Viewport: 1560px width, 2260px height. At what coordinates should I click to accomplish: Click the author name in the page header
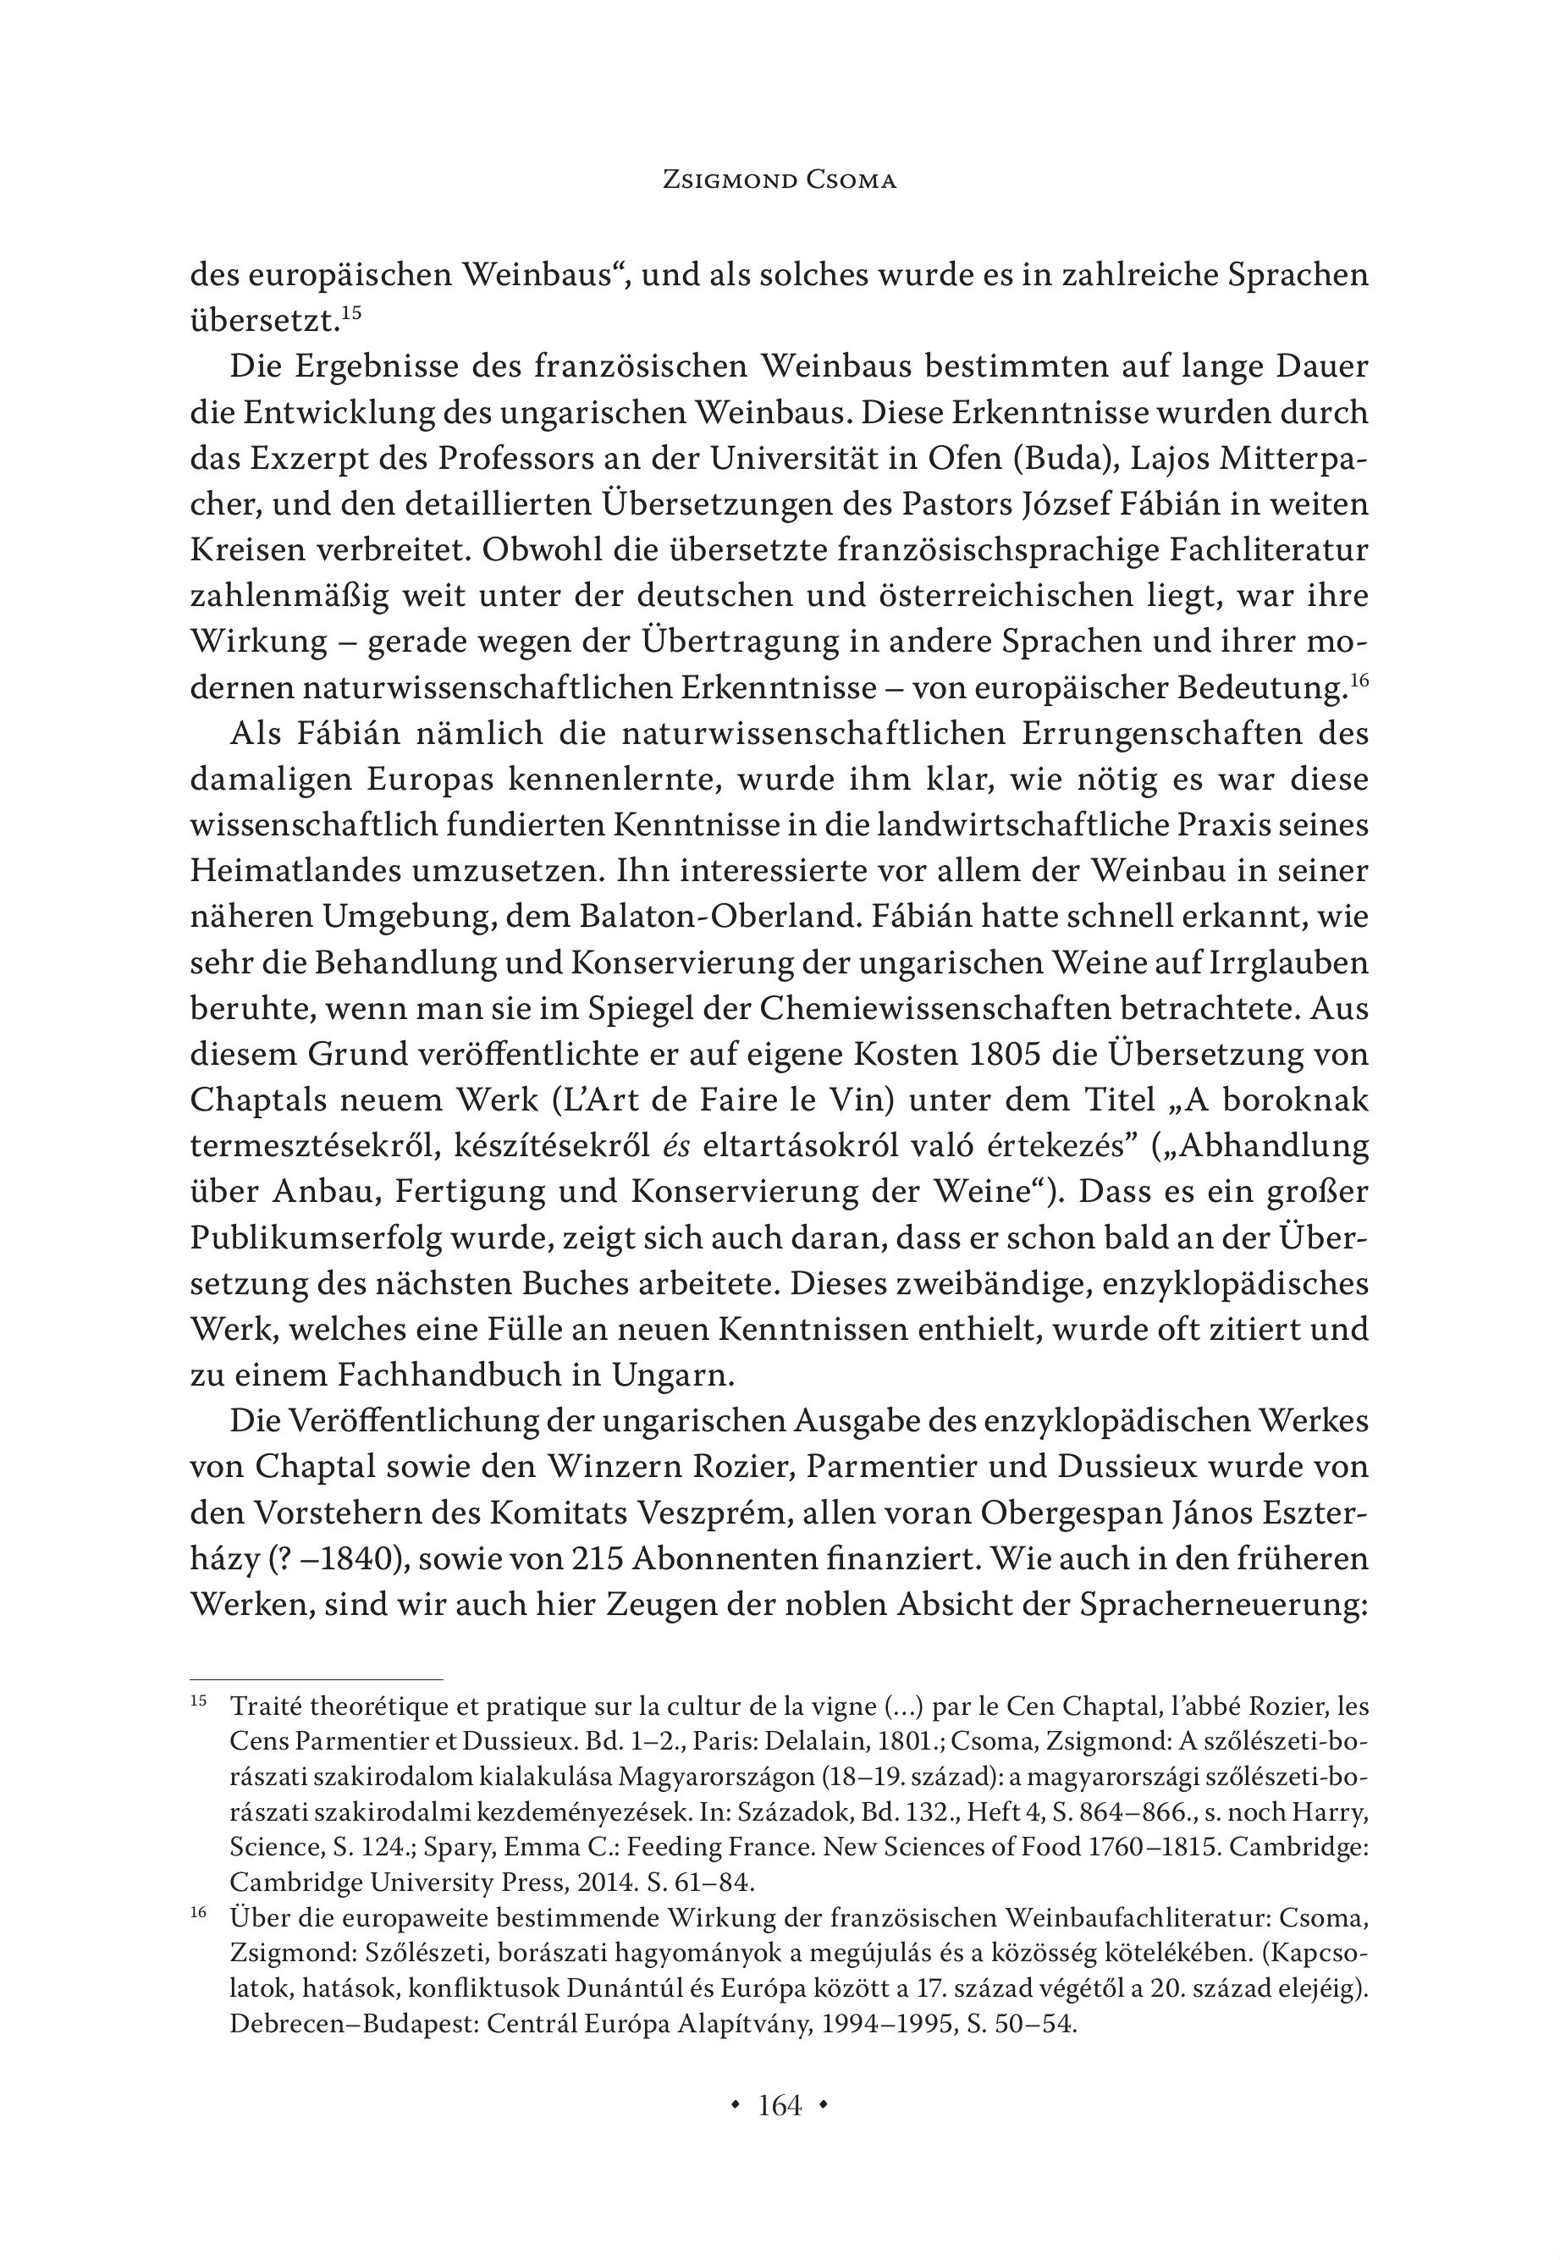click(x=779, y=181)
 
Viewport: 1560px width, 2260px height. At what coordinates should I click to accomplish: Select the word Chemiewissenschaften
click(x=978, y=1010)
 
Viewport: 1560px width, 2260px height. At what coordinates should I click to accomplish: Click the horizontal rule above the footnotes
click(x=317, y=1678)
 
